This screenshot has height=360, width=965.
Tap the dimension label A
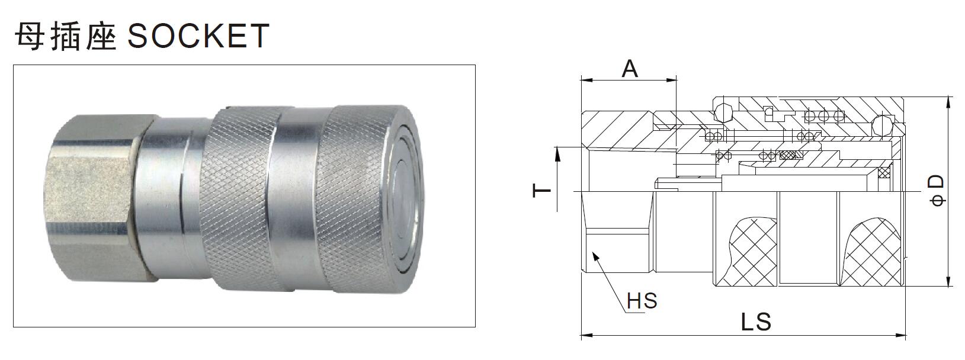coord(630,69)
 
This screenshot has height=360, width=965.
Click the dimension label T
coord(541,191)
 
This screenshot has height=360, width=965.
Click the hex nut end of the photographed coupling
coord(95,195)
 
